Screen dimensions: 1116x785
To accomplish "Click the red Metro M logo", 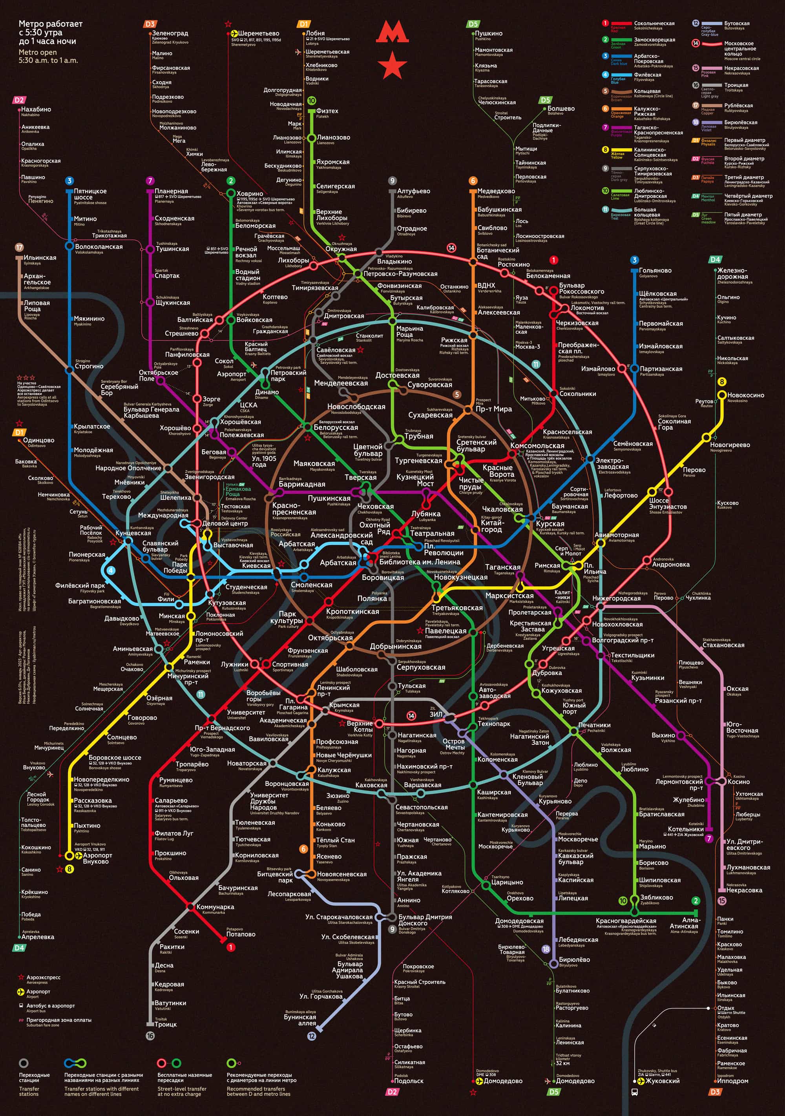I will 392,33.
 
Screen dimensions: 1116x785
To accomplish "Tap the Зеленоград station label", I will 170,33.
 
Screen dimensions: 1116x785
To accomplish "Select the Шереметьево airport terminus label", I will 259,33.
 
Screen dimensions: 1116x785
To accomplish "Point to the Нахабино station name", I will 36,109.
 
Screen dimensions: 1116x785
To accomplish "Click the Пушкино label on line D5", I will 489,33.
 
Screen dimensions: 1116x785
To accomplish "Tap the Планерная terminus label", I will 171,191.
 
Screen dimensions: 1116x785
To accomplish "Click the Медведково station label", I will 496,191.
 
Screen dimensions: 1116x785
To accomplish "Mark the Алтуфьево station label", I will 414,191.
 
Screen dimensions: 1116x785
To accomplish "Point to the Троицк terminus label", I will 166,1024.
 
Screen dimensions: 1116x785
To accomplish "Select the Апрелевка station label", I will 38,937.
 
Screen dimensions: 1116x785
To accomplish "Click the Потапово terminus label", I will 241,934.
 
